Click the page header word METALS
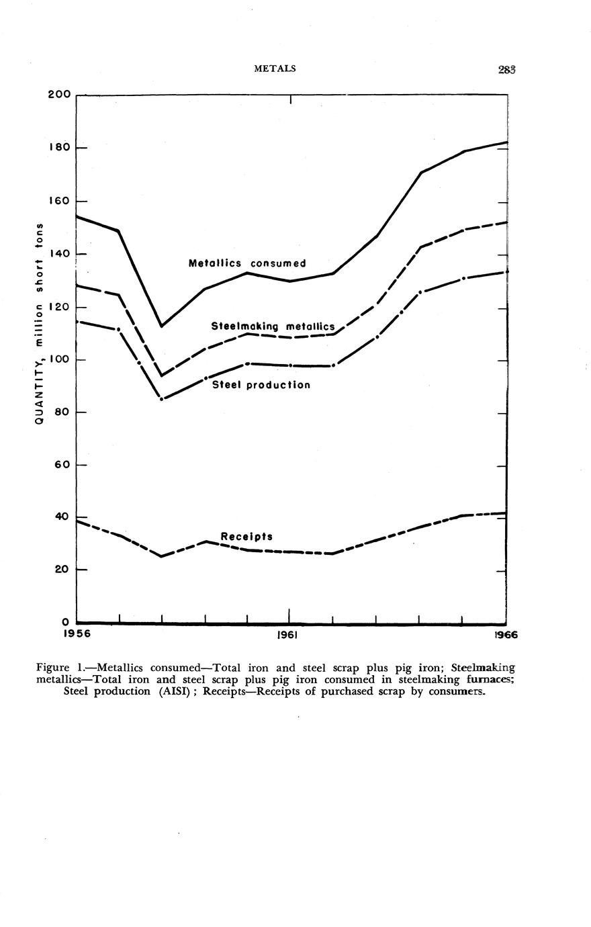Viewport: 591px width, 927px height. pos(275,69)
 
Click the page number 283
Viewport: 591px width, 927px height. pos(506,69)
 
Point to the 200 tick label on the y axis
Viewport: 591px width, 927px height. pos(59,94)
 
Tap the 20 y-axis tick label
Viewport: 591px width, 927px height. pos(61,570)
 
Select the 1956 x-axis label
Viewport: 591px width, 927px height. pos(77,634)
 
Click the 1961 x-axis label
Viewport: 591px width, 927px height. pos(288,634)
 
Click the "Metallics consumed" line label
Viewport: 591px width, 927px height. pos(247,263)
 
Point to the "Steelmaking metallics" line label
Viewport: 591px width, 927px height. pos(273,326)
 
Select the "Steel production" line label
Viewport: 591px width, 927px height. pos(261,385)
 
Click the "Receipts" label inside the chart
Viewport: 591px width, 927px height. pos(246,537)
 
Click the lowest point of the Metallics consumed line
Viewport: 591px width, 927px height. pos(161,326)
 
